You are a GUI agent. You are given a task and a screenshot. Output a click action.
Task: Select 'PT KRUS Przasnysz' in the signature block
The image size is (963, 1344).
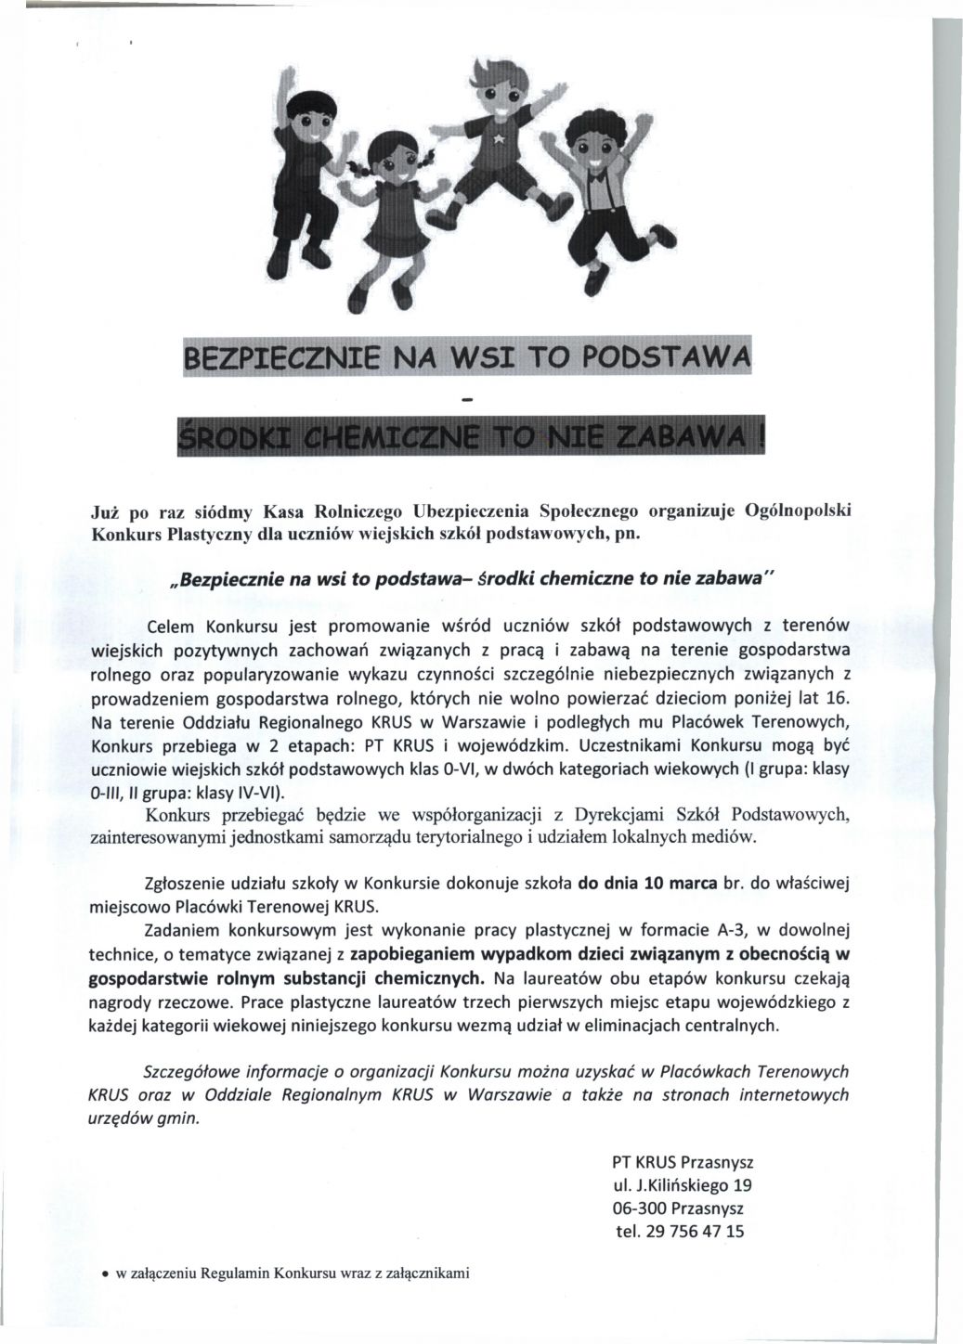[x=683, y=1162]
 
